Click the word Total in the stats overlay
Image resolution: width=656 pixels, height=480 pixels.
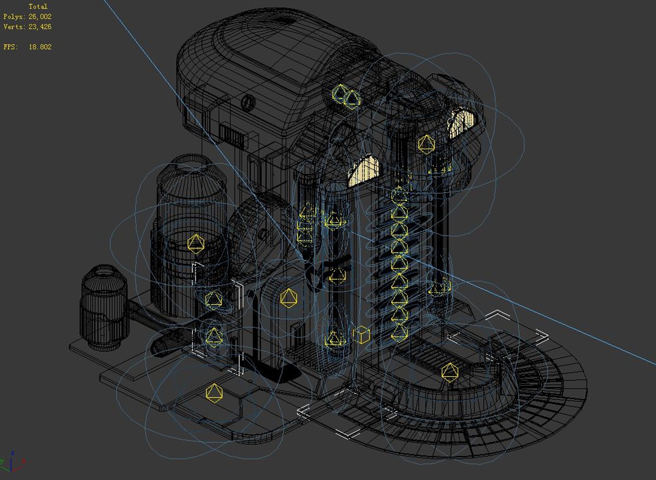[x=37, y=6]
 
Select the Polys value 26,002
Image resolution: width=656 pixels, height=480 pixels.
[x=40, y=16]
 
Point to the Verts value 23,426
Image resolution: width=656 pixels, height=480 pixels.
[x=40, y=27]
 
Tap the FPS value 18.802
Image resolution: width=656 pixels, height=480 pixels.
[x=40, y=47]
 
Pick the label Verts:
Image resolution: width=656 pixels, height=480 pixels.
[x=14, y=27]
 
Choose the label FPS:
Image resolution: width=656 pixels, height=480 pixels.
[x=11, y=47]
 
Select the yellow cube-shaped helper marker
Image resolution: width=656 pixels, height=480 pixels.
[x=361, y=335]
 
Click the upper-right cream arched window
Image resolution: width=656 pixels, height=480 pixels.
[x=462, y=123]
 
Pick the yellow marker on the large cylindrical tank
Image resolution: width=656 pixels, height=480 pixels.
[x=196, y=244]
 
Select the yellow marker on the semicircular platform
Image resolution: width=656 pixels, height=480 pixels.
[x=450, y=372]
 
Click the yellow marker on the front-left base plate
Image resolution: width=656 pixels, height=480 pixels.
[x=214, y=393]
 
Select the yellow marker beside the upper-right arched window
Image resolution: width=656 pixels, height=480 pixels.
[x=426, y=144]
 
